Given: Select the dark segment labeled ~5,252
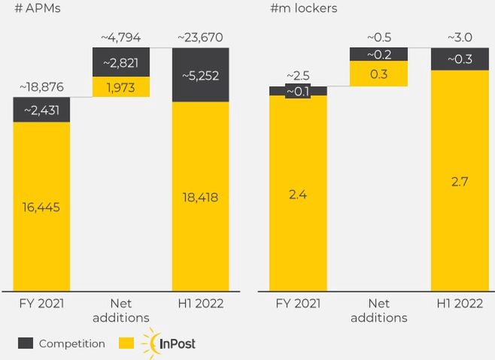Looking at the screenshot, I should pos(201,74).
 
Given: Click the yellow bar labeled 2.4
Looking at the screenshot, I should pos(297,194).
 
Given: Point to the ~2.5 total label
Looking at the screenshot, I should pos(297,75).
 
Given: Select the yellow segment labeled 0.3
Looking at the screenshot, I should pos(379,74).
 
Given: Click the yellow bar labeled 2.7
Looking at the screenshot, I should pos(458,180).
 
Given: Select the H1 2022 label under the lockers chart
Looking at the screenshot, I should pos(458,304).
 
